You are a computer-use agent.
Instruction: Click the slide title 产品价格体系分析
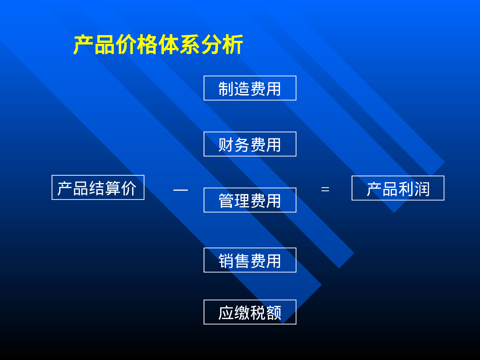(x=158, y=45)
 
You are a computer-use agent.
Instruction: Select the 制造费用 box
(x=250, y=88)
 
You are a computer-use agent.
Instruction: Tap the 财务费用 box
(x=250, y=144)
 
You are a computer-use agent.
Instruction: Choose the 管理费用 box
(x=250, y=200)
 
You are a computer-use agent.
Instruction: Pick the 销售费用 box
(x=250, y=260)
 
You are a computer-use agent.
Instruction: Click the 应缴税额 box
(x=250, y=312)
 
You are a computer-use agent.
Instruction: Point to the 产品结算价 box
(x=98, y=188)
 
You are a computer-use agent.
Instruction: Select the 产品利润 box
(x=398, y=188)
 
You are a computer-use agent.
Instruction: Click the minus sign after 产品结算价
(x=180, y=190)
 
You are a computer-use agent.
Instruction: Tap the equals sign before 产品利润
(x=325, y=189)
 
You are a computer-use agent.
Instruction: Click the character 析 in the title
(x=233, y=45)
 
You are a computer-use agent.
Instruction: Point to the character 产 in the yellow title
(x=84, y=45)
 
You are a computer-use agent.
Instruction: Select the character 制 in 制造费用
(x=226, y=89)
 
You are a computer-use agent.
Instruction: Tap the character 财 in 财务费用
(x=226, y=145)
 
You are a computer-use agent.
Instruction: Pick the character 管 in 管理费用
(x=226, y=201)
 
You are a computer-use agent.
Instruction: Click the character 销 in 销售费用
(x=226, y=261)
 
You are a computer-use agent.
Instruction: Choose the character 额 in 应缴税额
(x=274, y=313)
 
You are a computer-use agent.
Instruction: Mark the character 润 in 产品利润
(x=422, y=189)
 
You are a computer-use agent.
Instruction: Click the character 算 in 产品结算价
(x=113, y=188)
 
